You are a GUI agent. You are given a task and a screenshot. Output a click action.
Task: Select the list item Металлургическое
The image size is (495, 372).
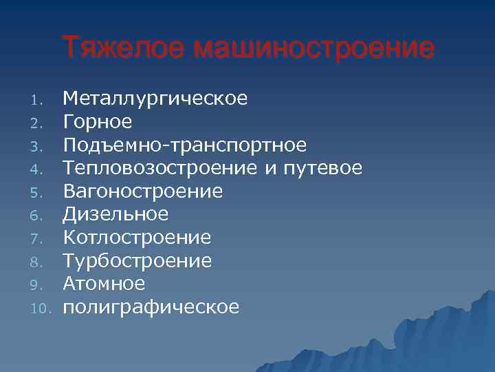[155, 99]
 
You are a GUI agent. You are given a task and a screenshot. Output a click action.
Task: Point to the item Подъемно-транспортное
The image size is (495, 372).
[184, 145]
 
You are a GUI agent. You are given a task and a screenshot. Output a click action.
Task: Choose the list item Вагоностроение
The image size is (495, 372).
[143, 191]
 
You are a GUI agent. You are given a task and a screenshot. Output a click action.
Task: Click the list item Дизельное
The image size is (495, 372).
[115, 214]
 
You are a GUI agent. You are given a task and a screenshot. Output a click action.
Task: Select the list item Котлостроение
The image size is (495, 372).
[137, 238]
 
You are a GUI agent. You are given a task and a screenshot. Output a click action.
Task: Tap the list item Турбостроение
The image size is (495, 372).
[137, 260]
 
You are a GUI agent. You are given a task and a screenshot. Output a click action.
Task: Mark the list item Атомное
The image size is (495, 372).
[104, 283]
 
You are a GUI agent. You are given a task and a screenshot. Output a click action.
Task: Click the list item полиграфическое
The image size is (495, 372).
[151, 307]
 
